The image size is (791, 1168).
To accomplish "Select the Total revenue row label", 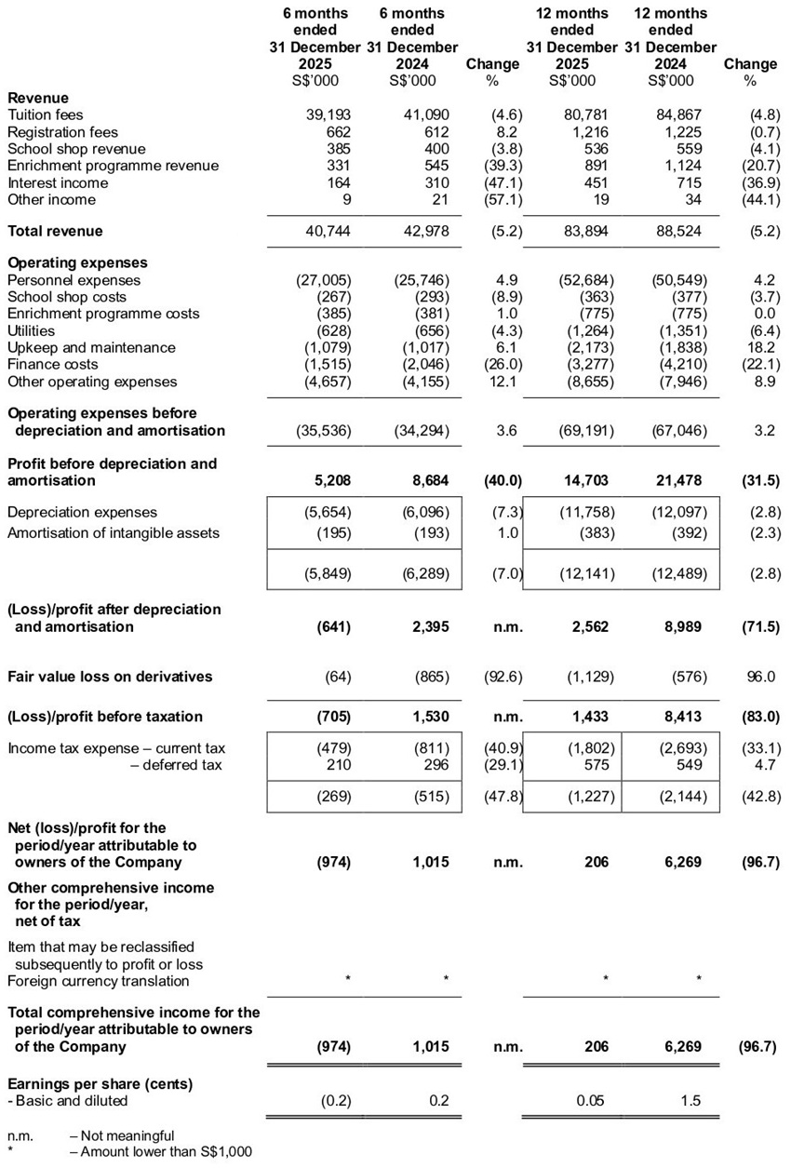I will [55, 231].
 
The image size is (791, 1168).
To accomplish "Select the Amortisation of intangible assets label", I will [113, 532].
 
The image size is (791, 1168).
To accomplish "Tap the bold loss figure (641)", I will [332, 626].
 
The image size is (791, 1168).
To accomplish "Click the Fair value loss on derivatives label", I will [110, 677].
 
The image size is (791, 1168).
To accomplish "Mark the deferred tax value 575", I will [597, 765].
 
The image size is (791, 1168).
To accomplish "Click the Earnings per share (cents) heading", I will [100, 1084].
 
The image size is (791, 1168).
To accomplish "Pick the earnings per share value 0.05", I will [592, 1101].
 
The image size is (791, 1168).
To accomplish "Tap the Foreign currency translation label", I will [98, 980].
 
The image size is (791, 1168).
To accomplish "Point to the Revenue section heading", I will [37, 98].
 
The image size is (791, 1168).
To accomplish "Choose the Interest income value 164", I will [337, 182].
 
